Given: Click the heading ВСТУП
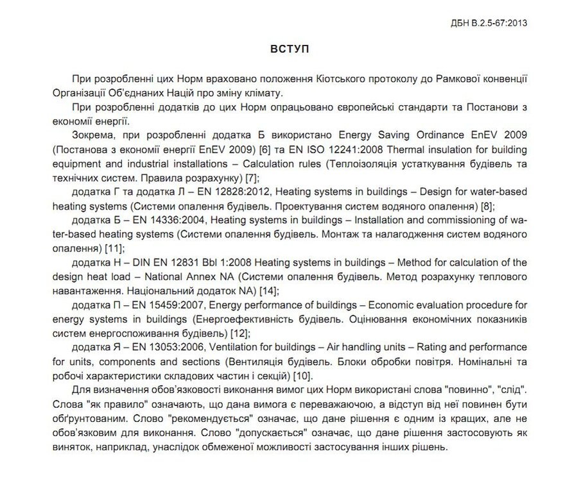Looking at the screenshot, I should (282, 49).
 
